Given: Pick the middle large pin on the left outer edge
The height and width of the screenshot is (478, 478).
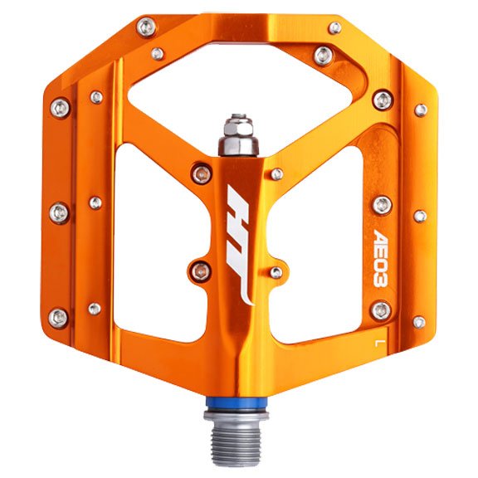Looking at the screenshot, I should point(59,212).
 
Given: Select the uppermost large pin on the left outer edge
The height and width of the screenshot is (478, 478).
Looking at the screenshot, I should point(59,107).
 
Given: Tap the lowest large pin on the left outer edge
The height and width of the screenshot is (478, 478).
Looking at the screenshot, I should point(59,317).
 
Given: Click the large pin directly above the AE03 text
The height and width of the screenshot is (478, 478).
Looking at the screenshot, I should point(382,204).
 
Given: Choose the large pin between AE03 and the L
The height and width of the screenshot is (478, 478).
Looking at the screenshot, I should point(380,310).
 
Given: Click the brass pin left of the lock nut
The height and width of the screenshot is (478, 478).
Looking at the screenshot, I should point(199,173).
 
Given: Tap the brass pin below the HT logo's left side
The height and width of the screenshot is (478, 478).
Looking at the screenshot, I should point(199,269).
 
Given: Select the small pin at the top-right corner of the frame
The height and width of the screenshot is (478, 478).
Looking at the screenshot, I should point(335,28).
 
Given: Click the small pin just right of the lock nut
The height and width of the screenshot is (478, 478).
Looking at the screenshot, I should point(277,174).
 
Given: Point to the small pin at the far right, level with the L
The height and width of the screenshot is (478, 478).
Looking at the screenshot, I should point(420,321).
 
